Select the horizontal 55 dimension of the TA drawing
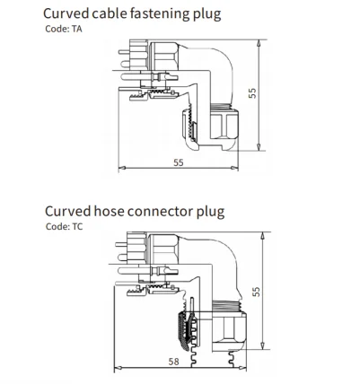180,162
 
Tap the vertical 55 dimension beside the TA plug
254,93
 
